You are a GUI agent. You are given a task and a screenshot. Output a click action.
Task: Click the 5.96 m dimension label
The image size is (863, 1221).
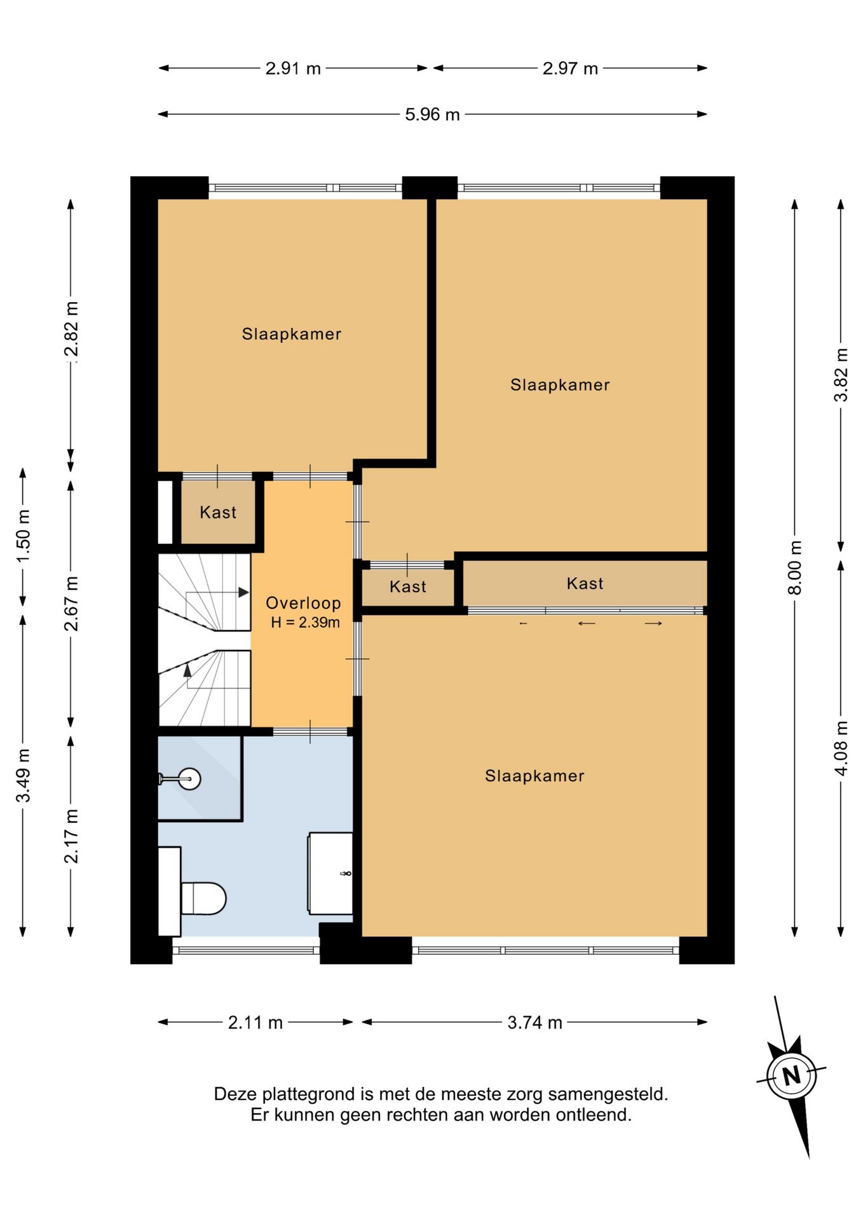(432, 114)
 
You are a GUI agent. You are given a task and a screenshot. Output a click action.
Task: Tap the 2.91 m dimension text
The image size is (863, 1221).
(293, 68)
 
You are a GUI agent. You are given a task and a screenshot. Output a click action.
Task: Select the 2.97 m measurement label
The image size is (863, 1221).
(570, 68)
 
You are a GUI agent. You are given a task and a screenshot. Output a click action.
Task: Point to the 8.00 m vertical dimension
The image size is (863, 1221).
(794, 567)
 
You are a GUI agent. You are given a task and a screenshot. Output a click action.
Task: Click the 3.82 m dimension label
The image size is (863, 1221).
(841, 375)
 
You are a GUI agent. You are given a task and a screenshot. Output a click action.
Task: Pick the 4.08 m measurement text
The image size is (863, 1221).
(841, 748)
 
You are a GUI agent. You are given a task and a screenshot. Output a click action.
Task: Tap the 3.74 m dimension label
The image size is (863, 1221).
(534, 1023)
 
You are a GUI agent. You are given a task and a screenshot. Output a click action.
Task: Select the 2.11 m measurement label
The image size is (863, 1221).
(255, 1023)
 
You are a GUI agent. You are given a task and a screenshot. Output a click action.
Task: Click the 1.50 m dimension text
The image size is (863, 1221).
(23, 535)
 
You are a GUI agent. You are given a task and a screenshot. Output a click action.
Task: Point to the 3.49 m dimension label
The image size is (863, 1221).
(23, 775)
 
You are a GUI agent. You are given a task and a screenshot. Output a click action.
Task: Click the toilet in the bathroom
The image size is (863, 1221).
(203, 898)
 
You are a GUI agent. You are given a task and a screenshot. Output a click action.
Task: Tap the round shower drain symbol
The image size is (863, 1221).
(189, 778)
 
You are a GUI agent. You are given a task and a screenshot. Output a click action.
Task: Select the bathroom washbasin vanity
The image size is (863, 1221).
(330, 873)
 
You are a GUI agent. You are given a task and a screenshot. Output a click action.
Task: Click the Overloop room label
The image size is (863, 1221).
(303, 603)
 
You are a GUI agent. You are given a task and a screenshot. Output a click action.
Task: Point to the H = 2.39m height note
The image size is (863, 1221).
(305, 623)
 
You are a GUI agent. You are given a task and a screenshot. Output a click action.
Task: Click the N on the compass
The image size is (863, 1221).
(791, 1076)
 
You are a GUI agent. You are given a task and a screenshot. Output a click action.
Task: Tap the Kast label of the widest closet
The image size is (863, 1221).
(585, 583)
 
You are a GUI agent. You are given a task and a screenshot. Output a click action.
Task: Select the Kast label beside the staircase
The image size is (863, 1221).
(218, 512)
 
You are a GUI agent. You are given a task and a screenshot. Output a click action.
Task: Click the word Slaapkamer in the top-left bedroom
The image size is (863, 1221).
(292, 334)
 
